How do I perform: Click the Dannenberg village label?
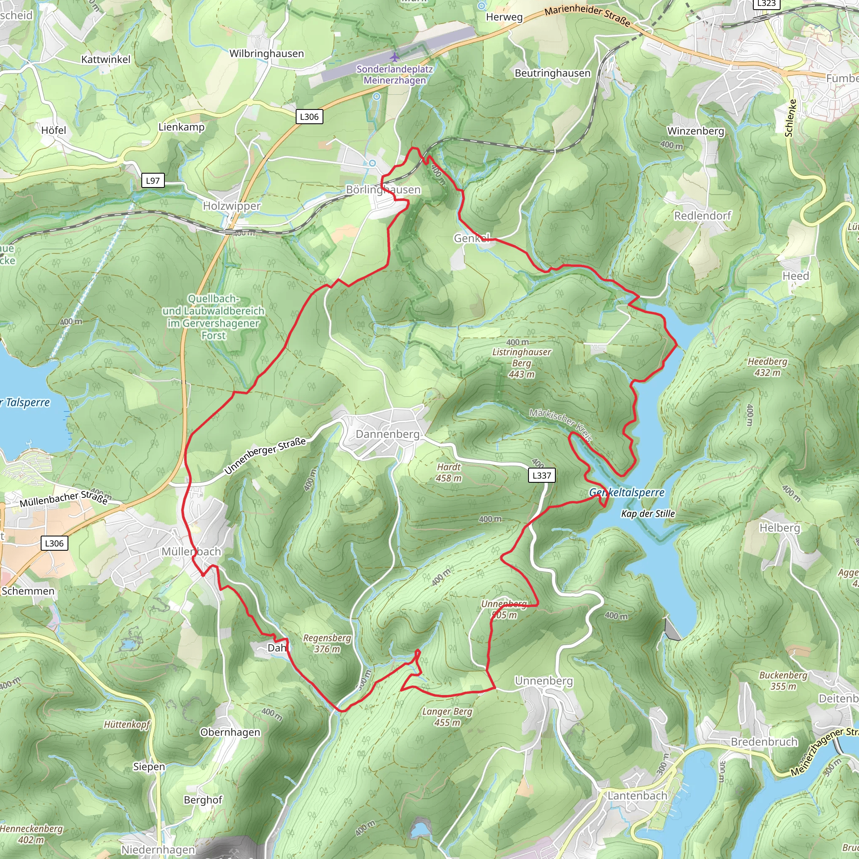387,434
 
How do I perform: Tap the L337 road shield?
541,475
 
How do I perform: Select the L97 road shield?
153,180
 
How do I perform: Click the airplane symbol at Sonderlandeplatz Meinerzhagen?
394,57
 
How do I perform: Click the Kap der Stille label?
648,513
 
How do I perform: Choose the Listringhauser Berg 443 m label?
521,363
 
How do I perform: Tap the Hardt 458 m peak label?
449,473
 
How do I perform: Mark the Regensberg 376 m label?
327,643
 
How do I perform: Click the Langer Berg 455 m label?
447,717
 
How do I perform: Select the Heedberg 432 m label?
768,367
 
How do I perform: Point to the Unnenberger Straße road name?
265,456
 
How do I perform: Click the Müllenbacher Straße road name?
64,498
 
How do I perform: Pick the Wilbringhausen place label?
266,53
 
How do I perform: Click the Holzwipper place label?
232,206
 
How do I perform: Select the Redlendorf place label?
703,216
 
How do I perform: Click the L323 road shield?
767,3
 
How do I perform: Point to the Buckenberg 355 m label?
783,680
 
